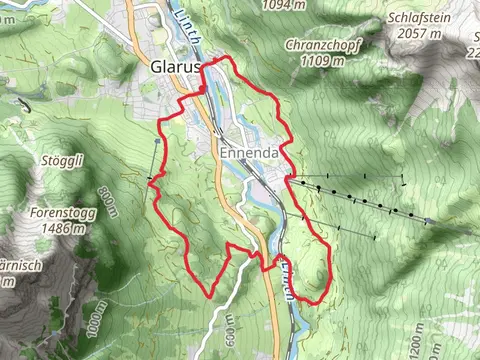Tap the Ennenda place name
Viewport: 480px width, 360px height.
tap(248, 154)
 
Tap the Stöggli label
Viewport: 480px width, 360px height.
tap(62, 160)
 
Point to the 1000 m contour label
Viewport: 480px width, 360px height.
tap(92, 317)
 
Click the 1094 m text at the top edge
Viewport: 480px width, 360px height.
tap(282, 5)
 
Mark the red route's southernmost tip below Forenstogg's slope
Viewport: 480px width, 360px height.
tap(207, 296)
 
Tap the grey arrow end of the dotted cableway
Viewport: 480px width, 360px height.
tap(429, 221)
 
